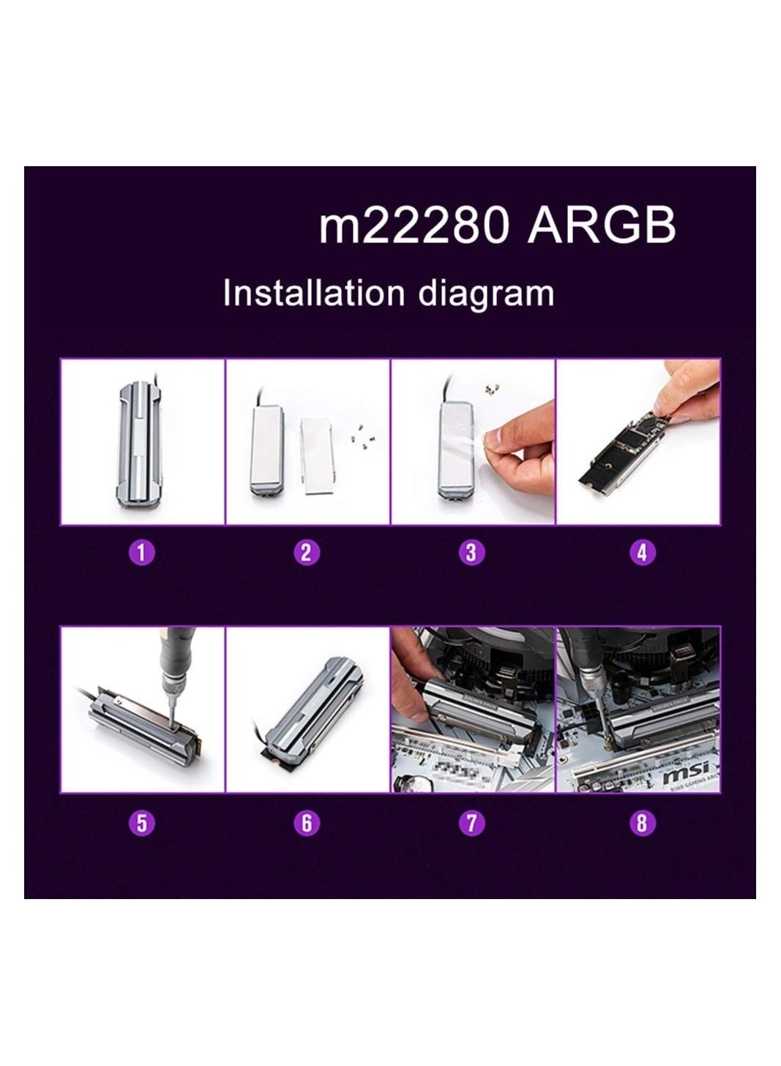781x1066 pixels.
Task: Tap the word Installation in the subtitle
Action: click(x=313, y=293)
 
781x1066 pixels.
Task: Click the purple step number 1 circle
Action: click(x=142, y=551)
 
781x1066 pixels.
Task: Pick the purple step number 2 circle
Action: click(x=307, y=551)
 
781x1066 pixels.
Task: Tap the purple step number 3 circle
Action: click(x=471, y=551)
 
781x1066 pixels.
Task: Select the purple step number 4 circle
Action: click(x=642, y=551)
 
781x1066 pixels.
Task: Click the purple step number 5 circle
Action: click(x=142, y=822)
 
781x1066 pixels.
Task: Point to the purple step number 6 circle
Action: click(x=307, y=822)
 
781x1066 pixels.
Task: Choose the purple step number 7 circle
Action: click(x=471, y=822)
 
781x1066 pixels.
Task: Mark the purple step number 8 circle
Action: click(x=642, y=822)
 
